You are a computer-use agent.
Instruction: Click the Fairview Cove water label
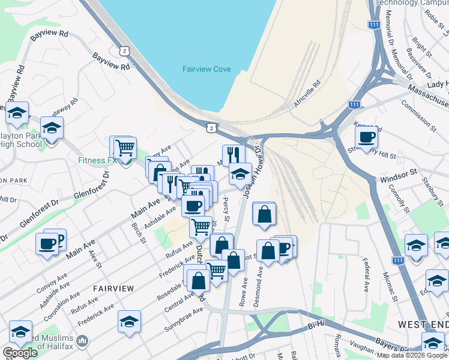(206, 69)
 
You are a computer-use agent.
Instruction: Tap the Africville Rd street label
(307, 95)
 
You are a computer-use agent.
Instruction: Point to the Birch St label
(139, 233)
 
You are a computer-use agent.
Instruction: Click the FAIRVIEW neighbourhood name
(113, 288)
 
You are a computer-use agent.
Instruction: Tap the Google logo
(19, 353)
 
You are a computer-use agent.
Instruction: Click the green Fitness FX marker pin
(125, 162)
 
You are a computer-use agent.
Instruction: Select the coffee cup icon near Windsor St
(366, 136)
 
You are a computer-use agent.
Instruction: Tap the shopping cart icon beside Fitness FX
(125, 147)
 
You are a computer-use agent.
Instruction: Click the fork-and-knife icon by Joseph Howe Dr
(234, 155)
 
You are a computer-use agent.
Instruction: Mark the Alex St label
(94, 259)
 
